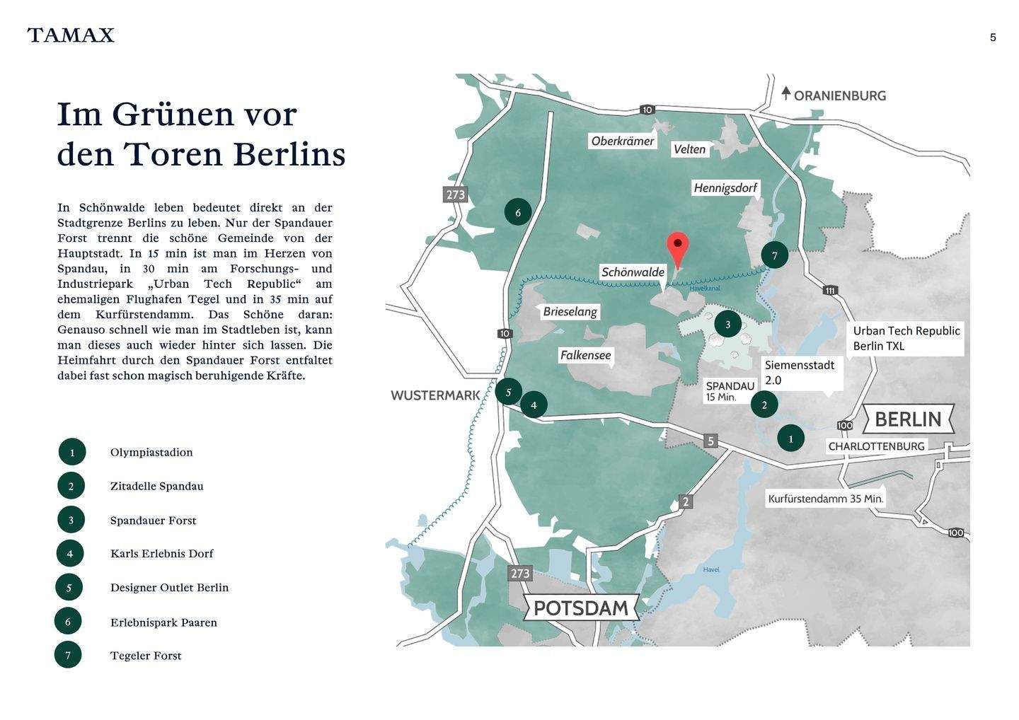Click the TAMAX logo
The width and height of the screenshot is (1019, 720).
click(71, 35)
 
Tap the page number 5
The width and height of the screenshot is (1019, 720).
click(993, 37)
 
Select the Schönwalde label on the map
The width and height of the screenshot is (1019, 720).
click(633, 272)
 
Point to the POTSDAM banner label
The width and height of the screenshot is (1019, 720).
click(580, 608)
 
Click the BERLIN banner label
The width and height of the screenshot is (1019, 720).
click(908, 419)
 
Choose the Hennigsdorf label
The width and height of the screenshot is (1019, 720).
click(725, 188)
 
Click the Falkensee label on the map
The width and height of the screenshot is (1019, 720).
click(585, 355)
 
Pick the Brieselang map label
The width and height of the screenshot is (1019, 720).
click(570, 312)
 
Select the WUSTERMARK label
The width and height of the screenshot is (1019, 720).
click(435, 395)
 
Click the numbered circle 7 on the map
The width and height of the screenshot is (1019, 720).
click(774, 255)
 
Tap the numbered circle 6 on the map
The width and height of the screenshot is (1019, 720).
click(518, 212)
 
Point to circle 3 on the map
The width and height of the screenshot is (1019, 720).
click(727, 325)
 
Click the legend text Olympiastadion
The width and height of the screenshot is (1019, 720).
click(151, 453)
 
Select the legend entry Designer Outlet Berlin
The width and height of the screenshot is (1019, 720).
click(169, 588)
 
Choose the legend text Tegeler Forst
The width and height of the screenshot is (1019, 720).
click(146, 656)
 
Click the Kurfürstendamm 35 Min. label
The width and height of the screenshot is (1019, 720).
click(826, 499)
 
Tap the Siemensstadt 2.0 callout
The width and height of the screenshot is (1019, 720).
click(800, 373)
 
